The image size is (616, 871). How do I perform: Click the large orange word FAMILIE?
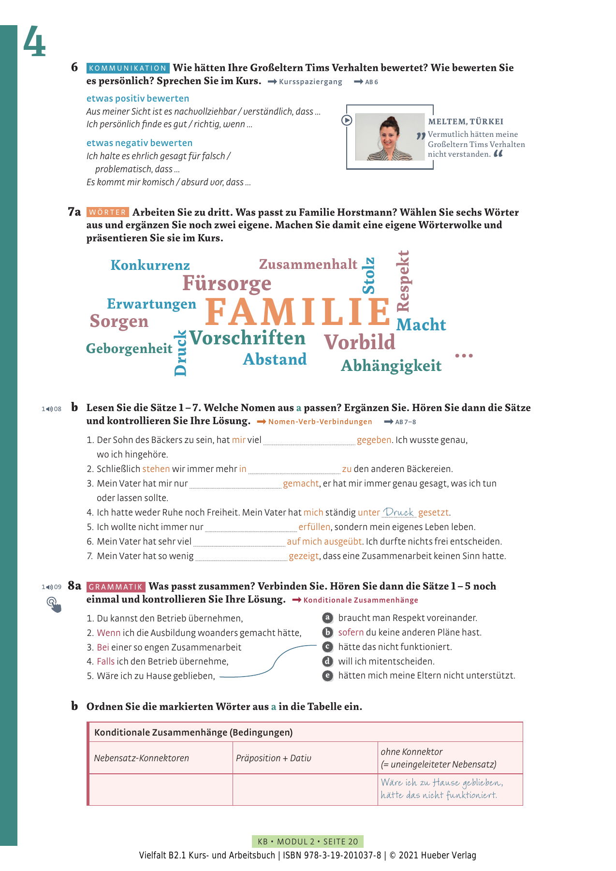pyautogui.click(x=297, y=312)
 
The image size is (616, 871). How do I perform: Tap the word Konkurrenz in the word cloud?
pyautogui.click(x=150, y=265)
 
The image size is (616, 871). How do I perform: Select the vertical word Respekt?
pyautogui.click(x=403, y=280)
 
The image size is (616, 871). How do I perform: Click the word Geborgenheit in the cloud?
pyautogui.click(x=129, y=349)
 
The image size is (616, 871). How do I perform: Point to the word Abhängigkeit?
pyautogui.click(x=391, y=366)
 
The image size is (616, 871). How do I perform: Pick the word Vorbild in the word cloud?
pyautogui.click(x=359, y=342)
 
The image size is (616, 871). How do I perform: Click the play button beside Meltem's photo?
pyautogui.click(x=347, y=120)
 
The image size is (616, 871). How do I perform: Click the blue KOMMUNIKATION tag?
pyautogui.click(x=128, y=68)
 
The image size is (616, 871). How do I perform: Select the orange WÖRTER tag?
pyautogui.click(x=108, y=212)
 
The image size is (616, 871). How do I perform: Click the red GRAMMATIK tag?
pyautogui.click(x=116, y=587)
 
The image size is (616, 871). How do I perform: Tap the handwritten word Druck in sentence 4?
pyautogui.click(x=398, y=512)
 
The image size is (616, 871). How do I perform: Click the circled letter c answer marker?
pyautogui.click(x=327, y=647)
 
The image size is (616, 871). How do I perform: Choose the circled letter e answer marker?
pyautogui.click(x=327, y=676)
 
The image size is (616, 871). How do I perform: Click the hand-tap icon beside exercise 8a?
pyautogui.click(x=54, y=605)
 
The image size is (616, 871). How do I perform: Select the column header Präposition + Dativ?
pyautogui.click(x=274, y=758)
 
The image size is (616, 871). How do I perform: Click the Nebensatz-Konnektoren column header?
pyautogui.click(x=142, y=758)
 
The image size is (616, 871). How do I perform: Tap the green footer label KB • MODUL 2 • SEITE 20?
pyautogui.click(x=308, y=841)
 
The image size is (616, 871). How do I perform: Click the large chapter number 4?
pyautogui.click(x=34, y=42)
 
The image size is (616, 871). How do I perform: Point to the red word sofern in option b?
pyautogui.click(x=351, y=632)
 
